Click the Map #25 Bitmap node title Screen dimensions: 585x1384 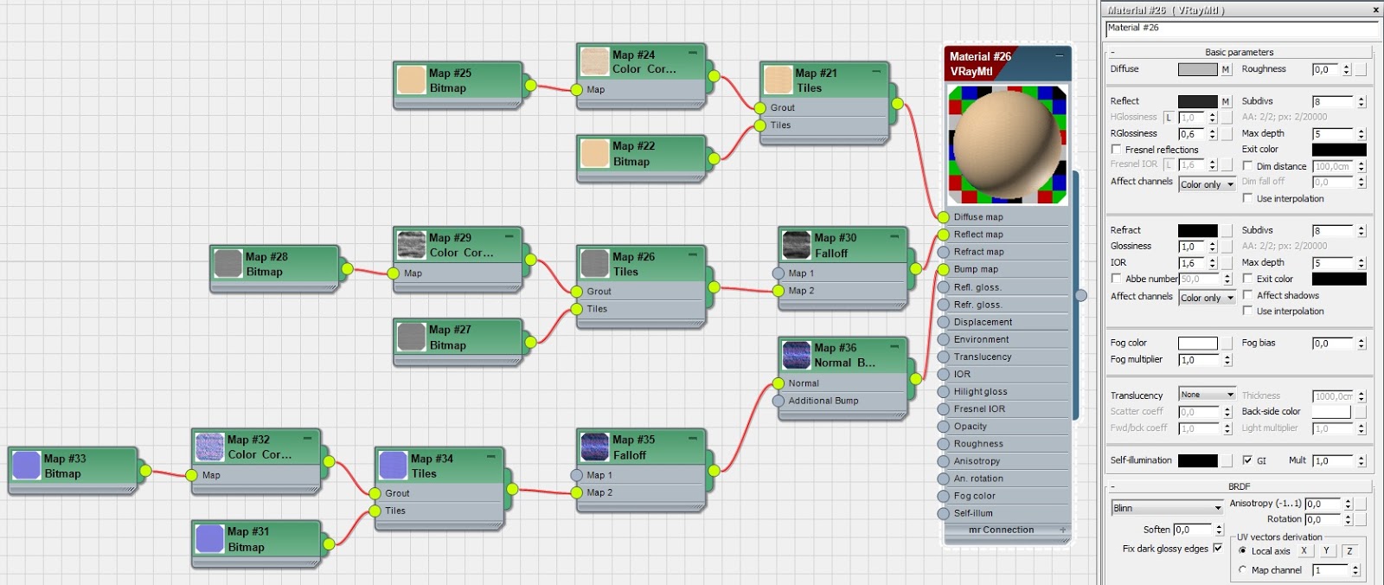[450, 80]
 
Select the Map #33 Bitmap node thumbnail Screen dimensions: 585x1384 [27, 466]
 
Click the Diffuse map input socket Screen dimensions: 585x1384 [944, 217]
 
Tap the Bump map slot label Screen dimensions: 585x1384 [976, 269]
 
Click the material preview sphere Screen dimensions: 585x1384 [1008, 144]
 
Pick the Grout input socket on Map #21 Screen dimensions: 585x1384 [759, 108]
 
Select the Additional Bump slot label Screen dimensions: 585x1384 [823, 401]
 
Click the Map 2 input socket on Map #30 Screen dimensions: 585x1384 [778, 291]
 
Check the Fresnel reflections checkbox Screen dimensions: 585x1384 [1117, 150]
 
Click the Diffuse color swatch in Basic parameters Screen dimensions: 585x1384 [1197, 69]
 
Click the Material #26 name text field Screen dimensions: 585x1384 [1240, 29]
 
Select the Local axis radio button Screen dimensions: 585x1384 [1243, 551]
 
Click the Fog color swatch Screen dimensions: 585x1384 [1197, 344]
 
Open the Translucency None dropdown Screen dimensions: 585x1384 [1207, 395]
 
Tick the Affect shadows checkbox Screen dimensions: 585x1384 [1247, 295]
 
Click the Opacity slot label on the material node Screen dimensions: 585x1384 [970, 427]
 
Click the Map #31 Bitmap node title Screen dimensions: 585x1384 [248, 539]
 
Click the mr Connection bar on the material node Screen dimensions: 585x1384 [1002, 530]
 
